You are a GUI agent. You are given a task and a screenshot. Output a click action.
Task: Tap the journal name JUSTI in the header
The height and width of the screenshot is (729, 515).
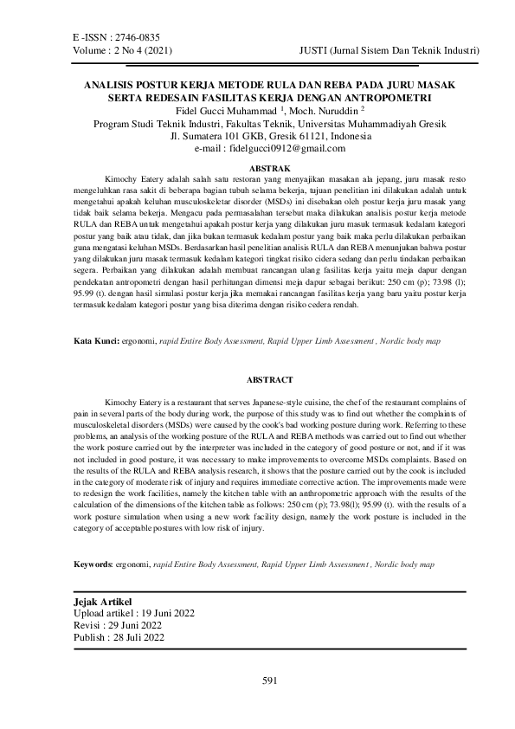pos(312,52)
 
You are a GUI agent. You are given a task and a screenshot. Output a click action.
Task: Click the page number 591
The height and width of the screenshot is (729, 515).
pos(268,681)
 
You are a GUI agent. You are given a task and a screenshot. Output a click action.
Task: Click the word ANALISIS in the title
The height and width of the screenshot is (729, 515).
pos(110,86)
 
